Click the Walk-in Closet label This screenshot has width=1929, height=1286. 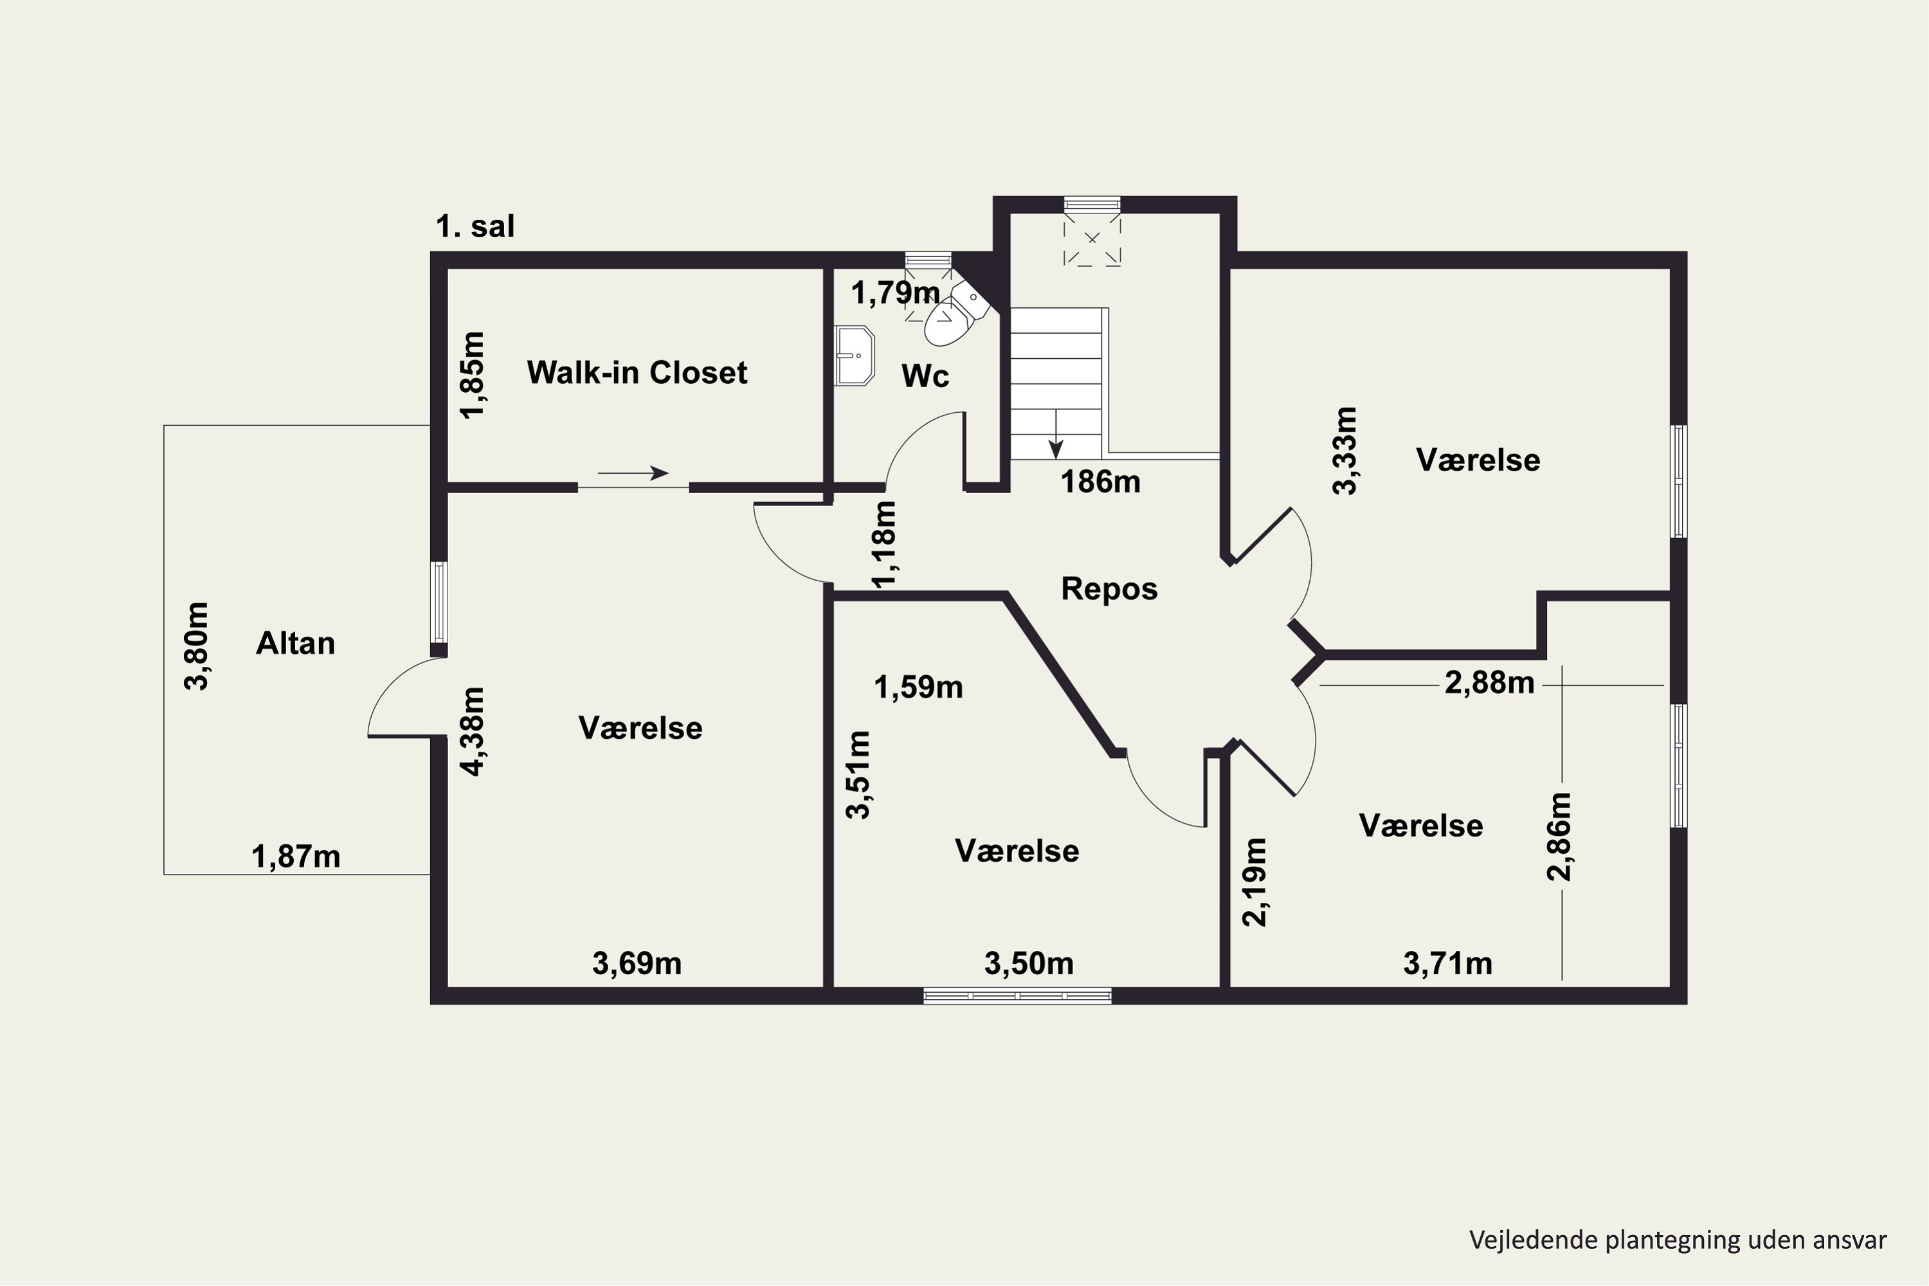tap(637, 372)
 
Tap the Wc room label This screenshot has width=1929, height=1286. tap(925, 376)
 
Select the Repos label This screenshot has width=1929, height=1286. tap(1109, 589)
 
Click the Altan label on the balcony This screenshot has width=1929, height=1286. tap(295, 643)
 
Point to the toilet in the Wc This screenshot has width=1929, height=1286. tap(955, 314)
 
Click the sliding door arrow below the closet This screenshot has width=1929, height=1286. tap(633, 473)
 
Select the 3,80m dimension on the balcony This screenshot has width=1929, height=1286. tap(197, 646)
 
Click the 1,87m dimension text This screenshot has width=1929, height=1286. tap(295, 856)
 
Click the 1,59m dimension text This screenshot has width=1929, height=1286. tap(919, 687)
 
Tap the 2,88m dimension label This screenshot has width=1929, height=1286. tap(1489, 682)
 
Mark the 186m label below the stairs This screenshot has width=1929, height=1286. tap(1101, 482)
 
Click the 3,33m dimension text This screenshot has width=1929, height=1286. tap(1346, 450)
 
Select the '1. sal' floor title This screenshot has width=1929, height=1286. tap(475, 226)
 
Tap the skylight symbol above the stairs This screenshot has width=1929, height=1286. tap(1092, 239)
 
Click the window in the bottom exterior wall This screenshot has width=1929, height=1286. tap(1017, 995)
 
